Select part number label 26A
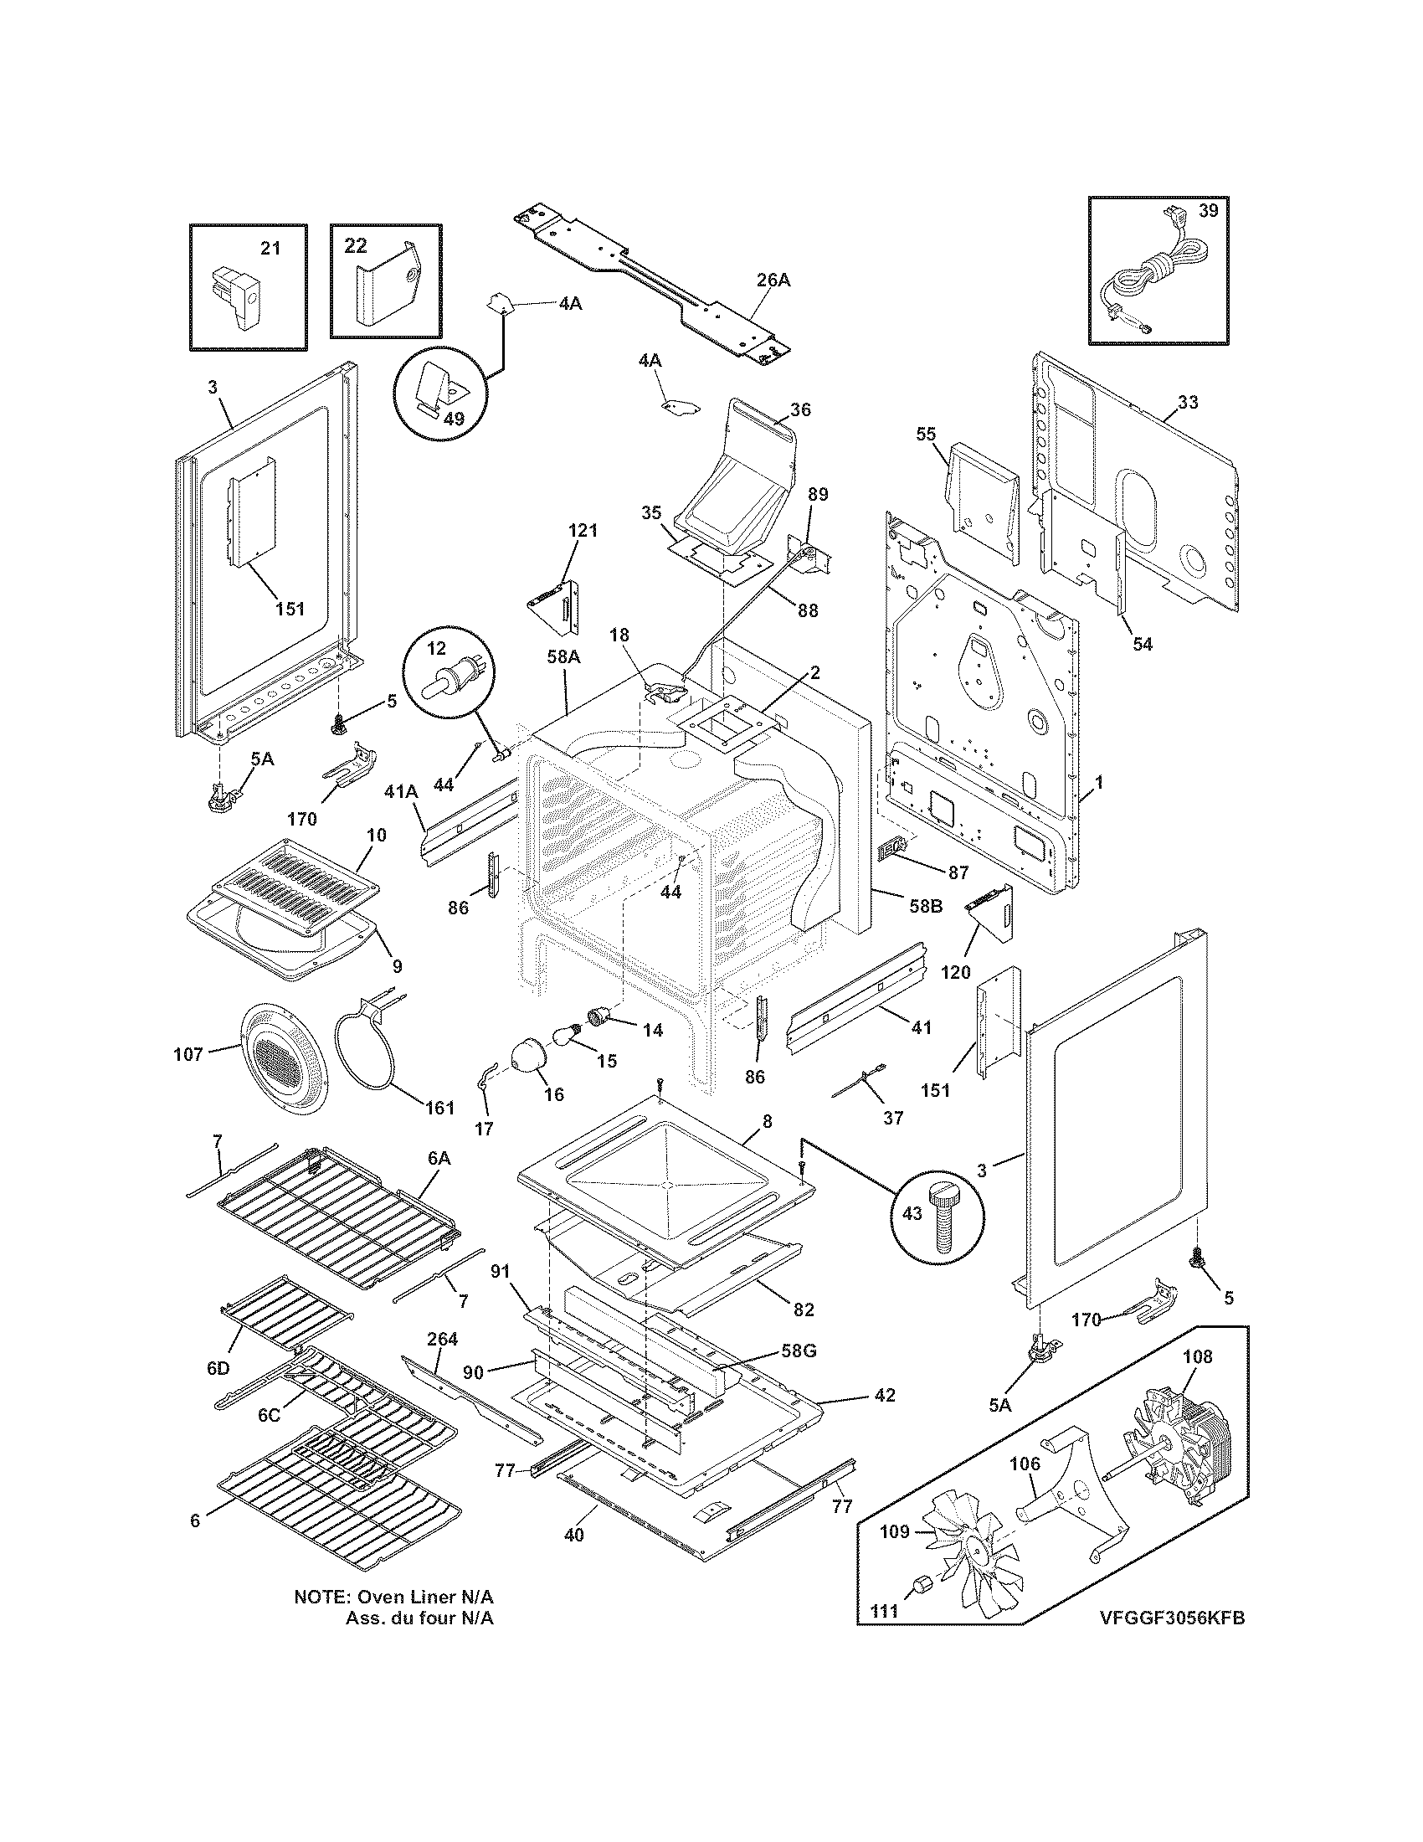(773, 280)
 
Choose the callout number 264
(442, 1339)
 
